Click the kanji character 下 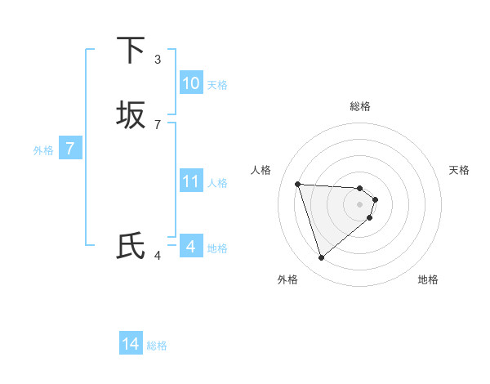[131, 51]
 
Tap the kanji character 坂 [131, 115]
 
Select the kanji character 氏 [131, 246]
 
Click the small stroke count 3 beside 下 [158, 59]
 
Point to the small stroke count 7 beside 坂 [158, 124]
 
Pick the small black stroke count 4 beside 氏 [158, 256]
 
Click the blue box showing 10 [190, 83]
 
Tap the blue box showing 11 [190, 181]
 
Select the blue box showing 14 [131, 344]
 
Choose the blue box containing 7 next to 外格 [70, 149]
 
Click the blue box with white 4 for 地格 [190, 246]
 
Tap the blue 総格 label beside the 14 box [157, 346]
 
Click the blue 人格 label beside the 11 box [217, 183]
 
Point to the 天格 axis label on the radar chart [459, 170]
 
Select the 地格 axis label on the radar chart [428, 279]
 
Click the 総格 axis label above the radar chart [360, 106]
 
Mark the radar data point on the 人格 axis [298, 184]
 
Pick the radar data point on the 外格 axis [322, 257]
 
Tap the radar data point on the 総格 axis [360, 187]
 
